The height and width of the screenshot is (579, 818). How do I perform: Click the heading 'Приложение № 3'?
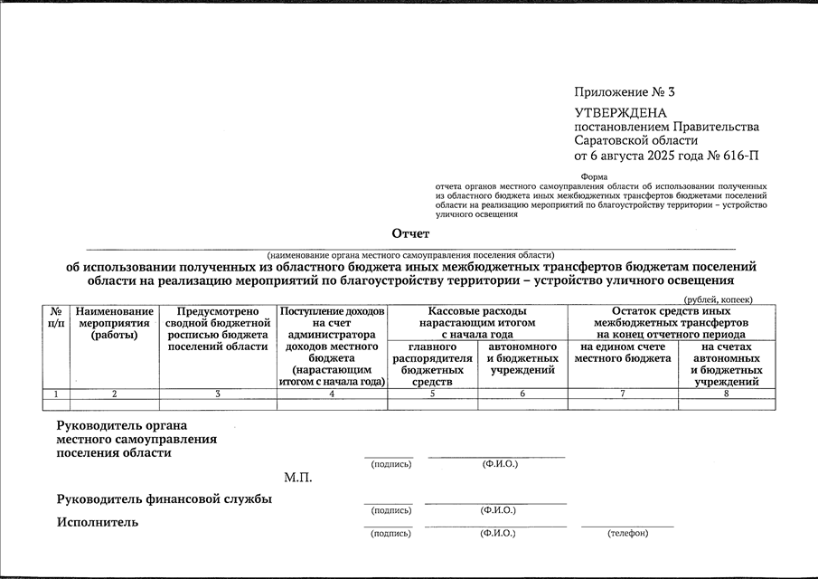pyautogui.click(x=625, y=92)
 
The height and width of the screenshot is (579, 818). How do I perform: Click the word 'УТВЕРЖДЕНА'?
pyautogui.click(x=620, y=113)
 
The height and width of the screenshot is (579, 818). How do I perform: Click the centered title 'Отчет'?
pyautogui.click(x=410, y=233)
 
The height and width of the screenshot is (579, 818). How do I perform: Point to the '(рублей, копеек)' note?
pyautogui.click(x=718, y=299)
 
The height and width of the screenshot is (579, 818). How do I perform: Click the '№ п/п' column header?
pyautogui.click(x=56, y=317)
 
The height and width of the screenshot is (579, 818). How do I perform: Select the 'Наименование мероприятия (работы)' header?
pyautogui.click(x=115, y=323)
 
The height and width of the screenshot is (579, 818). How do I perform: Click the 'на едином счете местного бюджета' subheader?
pyautogui.click(x=623, y=353)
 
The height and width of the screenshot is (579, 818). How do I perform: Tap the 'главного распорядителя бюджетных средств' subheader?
pyautogui.click(x=432, y=364)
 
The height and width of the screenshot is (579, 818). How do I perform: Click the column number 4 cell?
pyautogui.click(x=332, y=394)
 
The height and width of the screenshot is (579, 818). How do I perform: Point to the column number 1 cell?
pyautogui.click(x=56, y=394)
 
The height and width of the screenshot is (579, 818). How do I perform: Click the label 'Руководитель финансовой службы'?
pyautogui.click(x=165, y=499)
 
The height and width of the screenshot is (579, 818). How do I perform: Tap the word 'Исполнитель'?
pyautogui.click(x=98, y=522)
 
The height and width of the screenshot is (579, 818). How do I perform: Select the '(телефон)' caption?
pyautogui.click(x=627, y=533)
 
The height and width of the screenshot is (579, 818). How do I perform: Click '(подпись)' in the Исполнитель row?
pyautogui.click(x=390, y=533)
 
